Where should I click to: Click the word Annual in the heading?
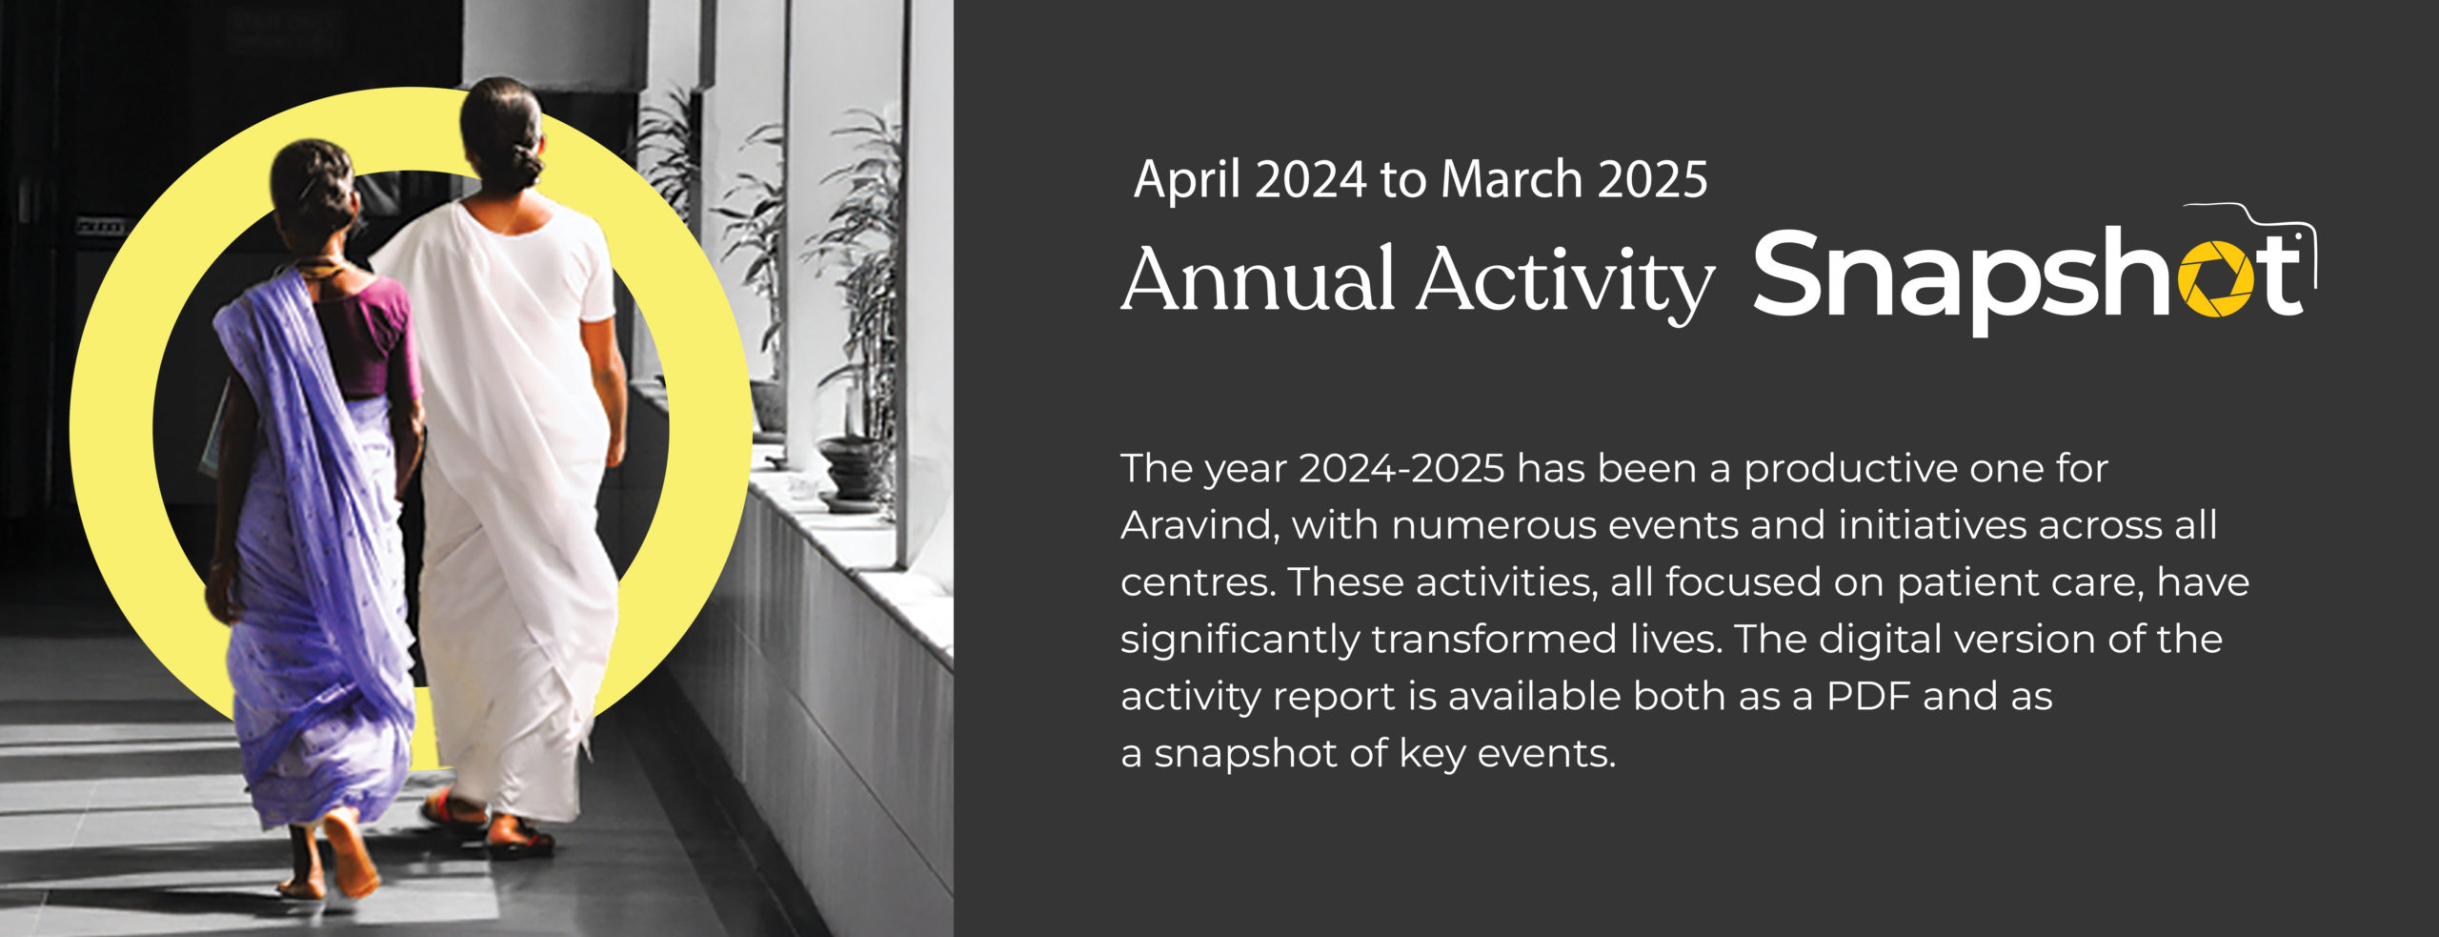pyautogui.click(x=1258, y=278)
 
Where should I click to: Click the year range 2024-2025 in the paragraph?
pyautogui.click(x=1401, y=468)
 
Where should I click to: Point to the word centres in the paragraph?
pyautogui.click(x=1198, y=582)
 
